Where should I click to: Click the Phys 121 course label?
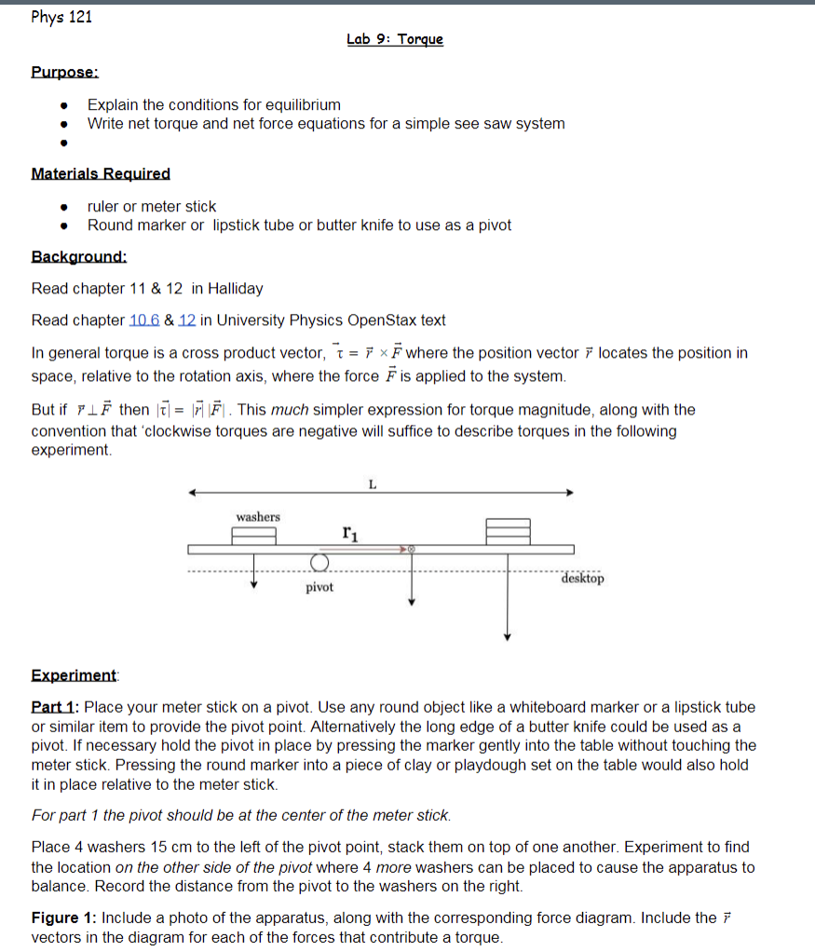point(61,17)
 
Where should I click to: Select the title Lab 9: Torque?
point(395,39)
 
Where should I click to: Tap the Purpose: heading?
point(65,72)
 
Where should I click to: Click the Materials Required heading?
point(101,173)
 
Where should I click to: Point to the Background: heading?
point(79,256)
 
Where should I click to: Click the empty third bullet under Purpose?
point(62,143)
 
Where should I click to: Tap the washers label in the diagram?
point(258,517)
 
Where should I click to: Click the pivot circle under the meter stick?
point(319,563)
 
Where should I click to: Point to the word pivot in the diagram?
point(319,588)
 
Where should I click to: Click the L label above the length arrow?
point(373,483)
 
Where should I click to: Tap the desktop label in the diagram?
point(582,578)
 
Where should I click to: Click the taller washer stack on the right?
point(508,531)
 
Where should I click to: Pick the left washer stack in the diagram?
point(254,536)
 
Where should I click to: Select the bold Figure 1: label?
point(66,918)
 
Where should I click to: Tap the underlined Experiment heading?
point(75,674)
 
